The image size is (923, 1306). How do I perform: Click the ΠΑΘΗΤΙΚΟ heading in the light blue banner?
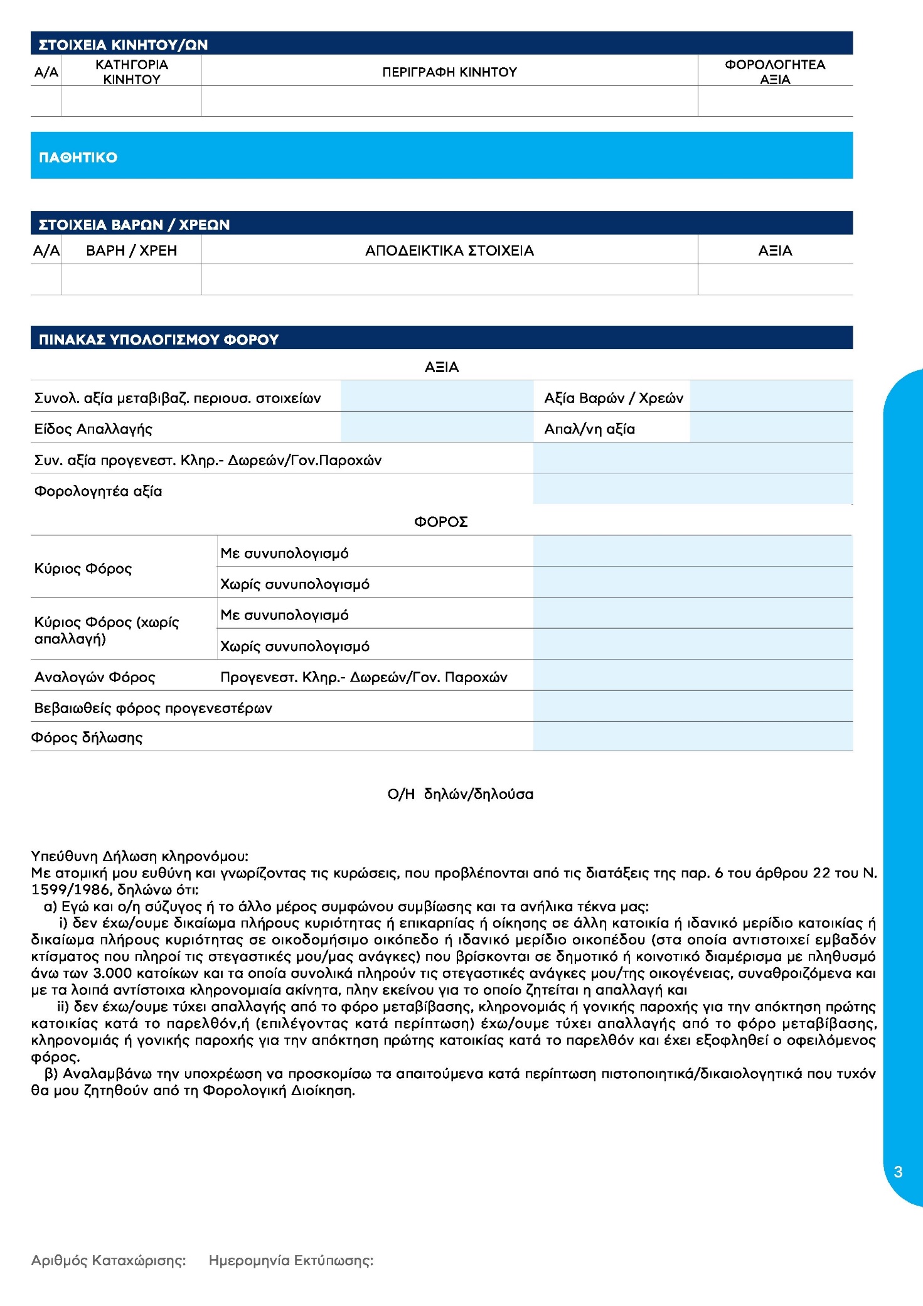click(x=78, y=158)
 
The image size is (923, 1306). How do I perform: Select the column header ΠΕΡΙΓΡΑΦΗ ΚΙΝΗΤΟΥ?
click(x=449, y=72)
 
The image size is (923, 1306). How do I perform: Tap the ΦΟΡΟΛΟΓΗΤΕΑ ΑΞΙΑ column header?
click(x=774, y=72)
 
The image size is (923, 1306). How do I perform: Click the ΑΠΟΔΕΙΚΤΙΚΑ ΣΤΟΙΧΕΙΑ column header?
click(x=449, y=251)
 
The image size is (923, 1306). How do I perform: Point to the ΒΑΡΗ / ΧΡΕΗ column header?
click(x=131, y=251)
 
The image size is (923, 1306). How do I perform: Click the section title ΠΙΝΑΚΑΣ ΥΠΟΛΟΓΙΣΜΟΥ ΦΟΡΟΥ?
click(x=158, y=340)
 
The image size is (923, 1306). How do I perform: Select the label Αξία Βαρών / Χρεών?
click(x=613, y=398)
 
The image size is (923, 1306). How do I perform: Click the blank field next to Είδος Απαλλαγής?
click(x=436, y=428)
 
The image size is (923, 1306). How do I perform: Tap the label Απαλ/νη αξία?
click(x=589, y=429)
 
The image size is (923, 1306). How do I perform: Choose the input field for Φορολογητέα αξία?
click(x=692, y=490)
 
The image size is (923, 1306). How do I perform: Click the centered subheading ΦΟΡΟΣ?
click(x=440, y=522)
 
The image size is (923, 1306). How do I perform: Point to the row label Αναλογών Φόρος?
click(x=95, y=677)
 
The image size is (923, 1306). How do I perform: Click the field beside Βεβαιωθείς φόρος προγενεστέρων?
click(x=692, y=707)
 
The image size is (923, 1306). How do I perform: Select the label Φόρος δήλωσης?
click(x=87, y=737)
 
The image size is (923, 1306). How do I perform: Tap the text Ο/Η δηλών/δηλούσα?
click(x=460, y=795)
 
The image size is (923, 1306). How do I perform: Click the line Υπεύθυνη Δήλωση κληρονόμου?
click(x=139, y=857)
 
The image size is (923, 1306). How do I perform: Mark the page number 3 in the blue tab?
click(x=898, y=1172)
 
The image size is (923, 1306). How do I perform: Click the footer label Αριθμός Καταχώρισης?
click(x=109, y=1260)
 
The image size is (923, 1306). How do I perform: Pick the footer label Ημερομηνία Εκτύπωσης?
click(x=291, y=1260)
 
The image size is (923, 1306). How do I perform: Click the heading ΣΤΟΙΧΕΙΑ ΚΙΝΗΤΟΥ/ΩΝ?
click(x=123, y=45)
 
